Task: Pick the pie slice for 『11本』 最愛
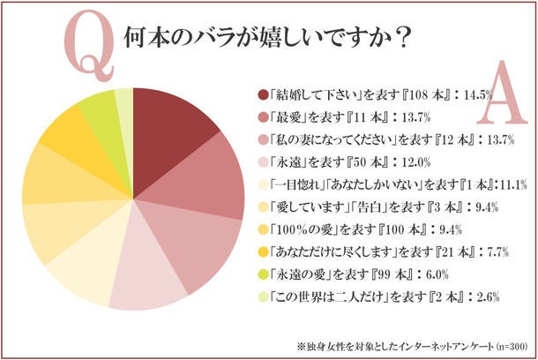point(206,180)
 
